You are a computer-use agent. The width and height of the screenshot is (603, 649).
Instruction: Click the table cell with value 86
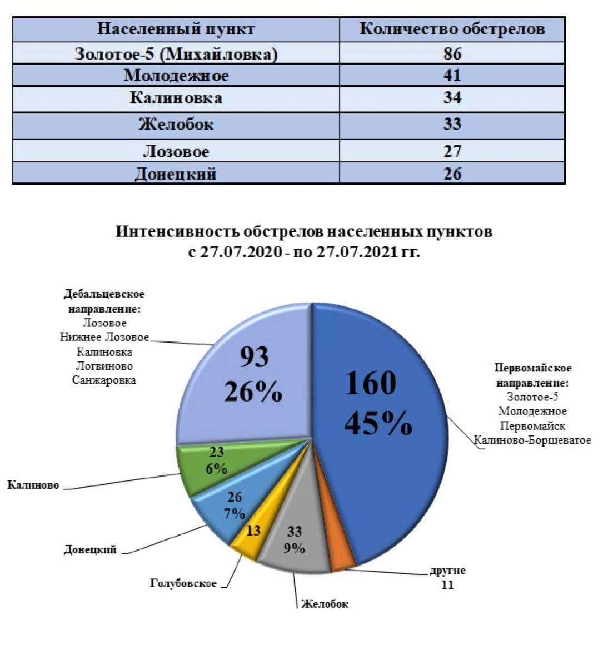coord(452,53)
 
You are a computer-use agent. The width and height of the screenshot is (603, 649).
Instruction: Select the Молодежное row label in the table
coord(176,75)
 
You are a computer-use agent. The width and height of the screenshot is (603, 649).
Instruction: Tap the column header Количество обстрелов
coord(452,29)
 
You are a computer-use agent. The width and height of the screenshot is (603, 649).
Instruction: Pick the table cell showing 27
coord(452,151)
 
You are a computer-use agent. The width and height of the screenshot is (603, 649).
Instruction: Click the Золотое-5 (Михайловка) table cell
coord(176,54)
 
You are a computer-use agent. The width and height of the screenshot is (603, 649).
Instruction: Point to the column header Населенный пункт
coord(176,29)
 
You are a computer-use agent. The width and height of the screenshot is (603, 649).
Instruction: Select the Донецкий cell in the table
coord(176,174)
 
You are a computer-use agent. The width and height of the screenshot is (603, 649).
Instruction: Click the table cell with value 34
coord(452,98)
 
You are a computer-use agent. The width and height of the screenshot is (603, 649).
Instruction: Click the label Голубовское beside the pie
coord(183,583)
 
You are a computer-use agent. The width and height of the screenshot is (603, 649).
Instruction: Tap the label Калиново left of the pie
coord(33,485)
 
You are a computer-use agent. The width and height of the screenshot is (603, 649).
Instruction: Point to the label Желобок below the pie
coord(325,604)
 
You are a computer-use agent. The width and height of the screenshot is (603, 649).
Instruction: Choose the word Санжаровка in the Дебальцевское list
coord(104,380)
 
